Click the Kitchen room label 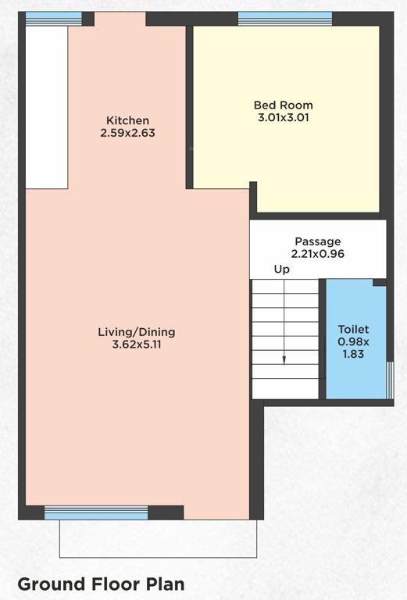point(128,120)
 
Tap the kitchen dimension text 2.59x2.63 point(128,133)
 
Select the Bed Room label point(283,105)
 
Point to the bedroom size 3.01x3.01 point(283,118)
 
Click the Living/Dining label point(130,331)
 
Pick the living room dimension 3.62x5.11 point(130,344)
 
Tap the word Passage point(317,241)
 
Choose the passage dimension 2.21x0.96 point(317,254)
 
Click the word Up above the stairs point(281,270)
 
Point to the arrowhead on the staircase point(284,361)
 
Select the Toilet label point(353,330)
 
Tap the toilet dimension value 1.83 point(353,354)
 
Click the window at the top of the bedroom point(284,18)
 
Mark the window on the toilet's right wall point(390,378)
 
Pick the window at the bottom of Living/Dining point(96,512)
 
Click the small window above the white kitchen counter point(53,18)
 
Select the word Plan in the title point(162,584)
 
